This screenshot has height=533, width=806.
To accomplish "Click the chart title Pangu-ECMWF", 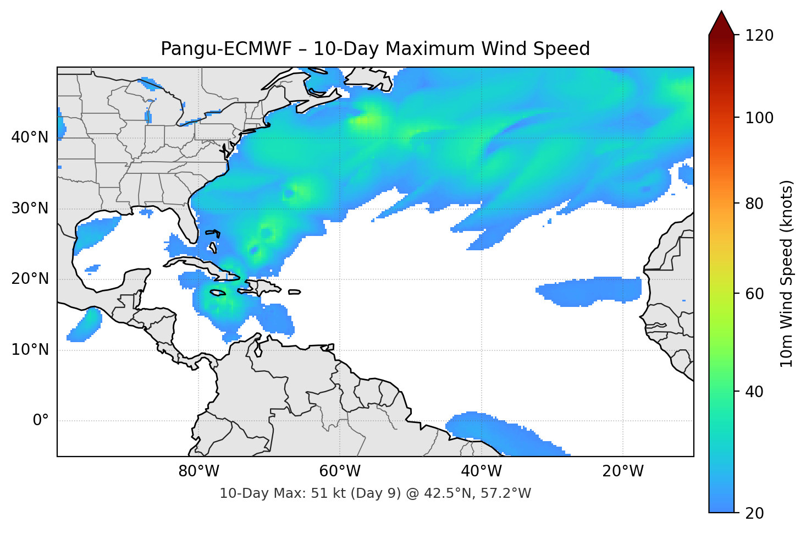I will (x=375, y=49).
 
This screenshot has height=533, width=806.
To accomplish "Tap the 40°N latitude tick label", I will (x=30, y=137).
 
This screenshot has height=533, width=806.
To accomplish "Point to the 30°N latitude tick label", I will (x=30, y=208).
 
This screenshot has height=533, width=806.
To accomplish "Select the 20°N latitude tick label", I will (x=30, y=279).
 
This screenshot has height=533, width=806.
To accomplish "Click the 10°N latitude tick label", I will (x=30, y=350).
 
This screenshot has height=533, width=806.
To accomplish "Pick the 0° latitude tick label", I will (x=41, y=421).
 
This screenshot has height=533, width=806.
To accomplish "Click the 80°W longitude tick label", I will (x=198, y=471).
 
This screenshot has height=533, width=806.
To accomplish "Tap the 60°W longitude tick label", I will (x=340, y=471).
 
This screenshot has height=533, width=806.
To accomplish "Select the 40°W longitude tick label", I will (x=481, y=471).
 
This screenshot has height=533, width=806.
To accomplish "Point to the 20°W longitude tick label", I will (x=622, y=471).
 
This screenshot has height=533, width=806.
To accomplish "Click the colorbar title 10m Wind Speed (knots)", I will (x=787, y=273).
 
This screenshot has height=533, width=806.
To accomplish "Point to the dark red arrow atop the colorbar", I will (x=721, y=23).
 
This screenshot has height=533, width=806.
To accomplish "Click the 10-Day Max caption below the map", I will (x=375, y=493).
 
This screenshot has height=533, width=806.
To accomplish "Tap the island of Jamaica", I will (x=218, y=293).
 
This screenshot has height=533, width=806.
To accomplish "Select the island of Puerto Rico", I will (x=294, y=292).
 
